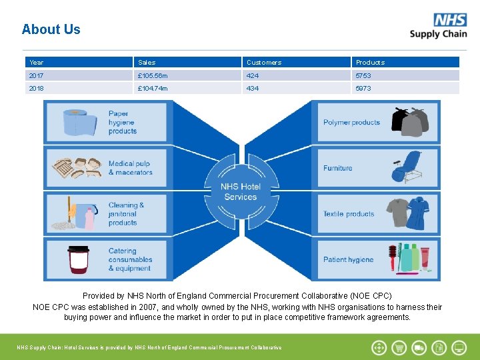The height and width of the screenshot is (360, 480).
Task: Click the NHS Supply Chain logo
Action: point(438,26)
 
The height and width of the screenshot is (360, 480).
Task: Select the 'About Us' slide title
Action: point(51,29)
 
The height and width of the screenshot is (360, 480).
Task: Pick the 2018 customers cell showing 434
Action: point(253,88)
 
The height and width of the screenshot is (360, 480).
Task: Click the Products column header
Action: point(370,62)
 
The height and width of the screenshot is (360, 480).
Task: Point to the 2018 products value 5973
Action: point(363,88)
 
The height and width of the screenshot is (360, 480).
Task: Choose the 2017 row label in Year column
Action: point(37,75)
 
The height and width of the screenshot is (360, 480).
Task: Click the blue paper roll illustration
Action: point(80,123)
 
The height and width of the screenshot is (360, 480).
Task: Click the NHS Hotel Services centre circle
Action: point(241,192)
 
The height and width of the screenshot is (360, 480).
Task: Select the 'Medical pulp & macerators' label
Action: point(130,168)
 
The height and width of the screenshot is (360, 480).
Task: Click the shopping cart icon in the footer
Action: point(399,347)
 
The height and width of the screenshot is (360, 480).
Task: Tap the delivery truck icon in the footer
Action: point(419,347)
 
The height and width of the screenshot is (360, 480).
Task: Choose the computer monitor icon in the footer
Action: point(459,347)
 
